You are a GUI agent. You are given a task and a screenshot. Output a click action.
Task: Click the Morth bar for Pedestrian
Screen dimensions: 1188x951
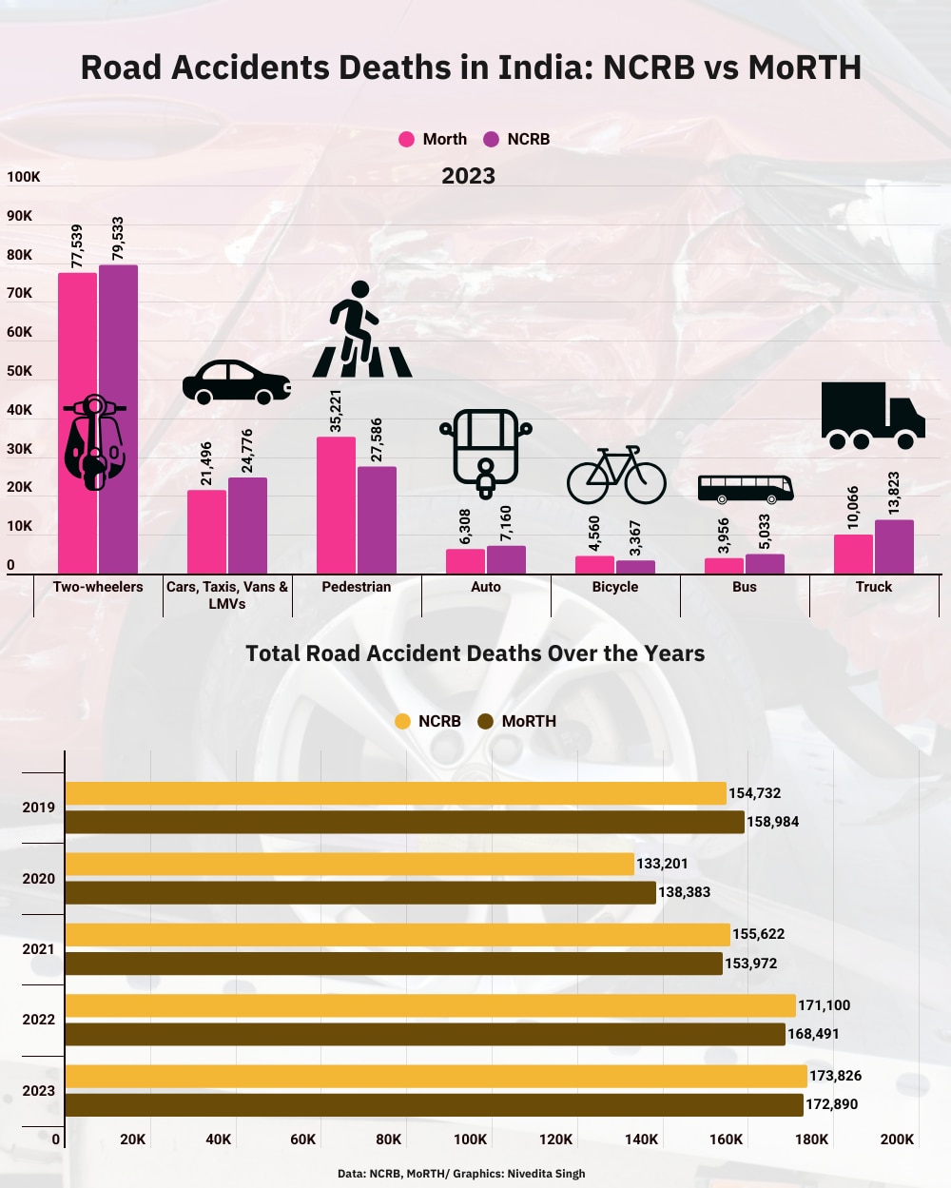pyautogui.click(x=336, y=505)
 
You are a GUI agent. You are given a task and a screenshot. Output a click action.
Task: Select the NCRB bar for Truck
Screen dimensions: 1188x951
pyautogui.click(x=894, y=547)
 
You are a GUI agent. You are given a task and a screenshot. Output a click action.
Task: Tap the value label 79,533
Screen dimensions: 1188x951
pyautogui.click(x=118, y=238)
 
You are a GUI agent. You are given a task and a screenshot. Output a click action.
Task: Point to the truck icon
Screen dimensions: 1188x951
pyautogui.click(x=872, y=416)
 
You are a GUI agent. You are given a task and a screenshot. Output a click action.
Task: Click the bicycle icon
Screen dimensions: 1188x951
pyautogui.click(x=616, y=475)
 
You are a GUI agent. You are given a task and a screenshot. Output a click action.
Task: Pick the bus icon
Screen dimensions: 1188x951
pyautogui.click(x=746, y=489)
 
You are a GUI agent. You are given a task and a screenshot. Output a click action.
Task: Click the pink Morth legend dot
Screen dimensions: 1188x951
pyautogui.click(x=407, y=139)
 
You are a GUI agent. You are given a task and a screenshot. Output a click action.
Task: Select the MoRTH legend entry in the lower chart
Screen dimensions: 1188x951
pyautogui.click(x=517, y=721)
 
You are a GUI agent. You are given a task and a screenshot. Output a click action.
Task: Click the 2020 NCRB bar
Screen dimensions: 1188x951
pyautogui.click(x=349, y=864)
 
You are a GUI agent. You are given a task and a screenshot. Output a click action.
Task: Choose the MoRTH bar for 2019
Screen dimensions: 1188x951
pyautogui.click(x=404, y=822)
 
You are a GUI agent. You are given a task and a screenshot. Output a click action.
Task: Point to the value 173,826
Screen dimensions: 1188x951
pyautogui.click(x=835, y=1076)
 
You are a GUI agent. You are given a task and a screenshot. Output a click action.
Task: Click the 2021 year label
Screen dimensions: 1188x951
pyautogui.click(x=39, y=949)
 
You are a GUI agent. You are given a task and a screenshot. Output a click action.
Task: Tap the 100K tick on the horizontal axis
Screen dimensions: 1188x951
pyautogui.click(x=470, y=1139)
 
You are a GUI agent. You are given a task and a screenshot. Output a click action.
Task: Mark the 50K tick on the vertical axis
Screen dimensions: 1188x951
pyautogui.click(x=20, y=371)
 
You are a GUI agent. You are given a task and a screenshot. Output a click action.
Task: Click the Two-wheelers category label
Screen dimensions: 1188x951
pyautogui.click(x=98, y=587)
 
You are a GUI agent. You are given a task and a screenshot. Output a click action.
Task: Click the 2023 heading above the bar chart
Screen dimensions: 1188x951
pyautogui.click(x=468, y=176)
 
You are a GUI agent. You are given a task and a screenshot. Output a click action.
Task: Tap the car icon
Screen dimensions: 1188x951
pyautogui.click(x=237, y=382)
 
